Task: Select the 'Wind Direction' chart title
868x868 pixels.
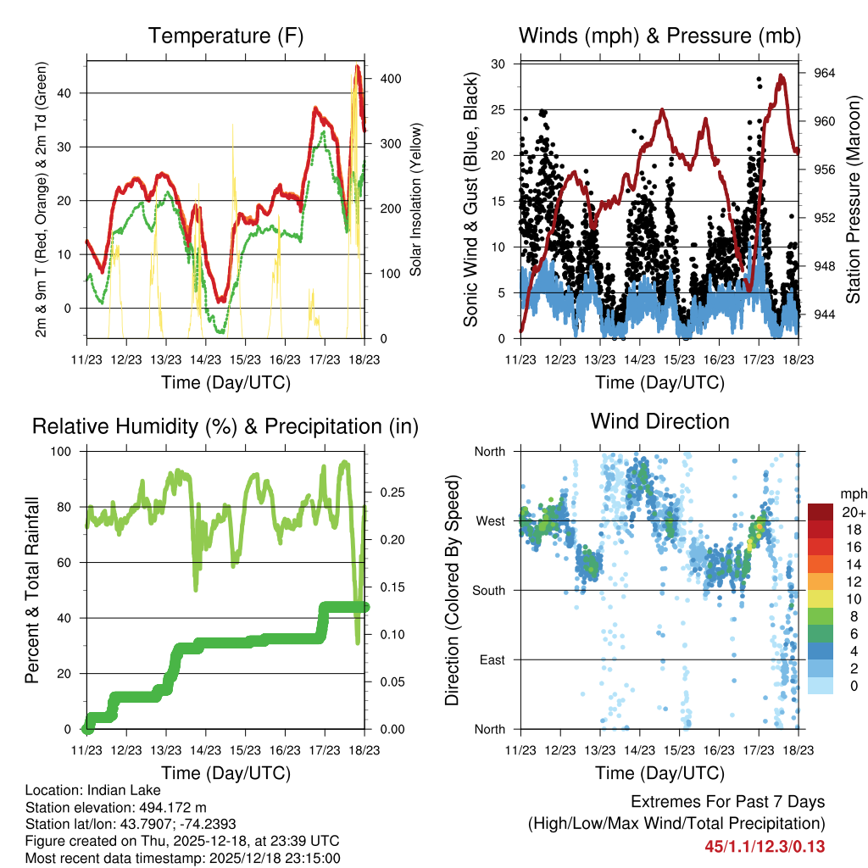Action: click(659, 420)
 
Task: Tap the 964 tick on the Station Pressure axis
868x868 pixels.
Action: click(825, 73)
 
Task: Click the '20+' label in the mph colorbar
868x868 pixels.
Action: click(853, 512)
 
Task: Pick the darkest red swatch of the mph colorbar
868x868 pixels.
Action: click(820, 512)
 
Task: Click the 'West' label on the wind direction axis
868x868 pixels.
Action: click(490, 520)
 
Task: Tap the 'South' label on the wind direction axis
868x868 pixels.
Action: click(488, 590)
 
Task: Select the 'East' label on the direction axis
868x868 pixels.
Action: click(492, 659)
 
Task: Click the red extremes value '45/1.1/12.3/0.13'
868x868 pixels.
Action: click(765, 846)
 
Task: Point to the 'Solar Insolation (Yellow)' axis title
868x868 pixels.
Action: click(416, 200)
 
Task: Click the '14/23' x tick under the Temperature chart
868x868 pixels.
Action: click(204, 360)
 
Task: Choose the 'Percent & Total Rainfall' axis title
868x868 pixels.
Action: click(31, 590)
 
